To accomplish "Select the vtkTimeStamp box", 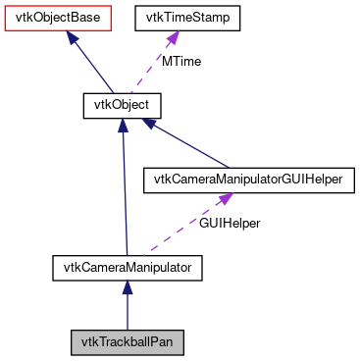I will (x=180, y=17).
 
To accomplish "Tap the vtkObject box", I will (x=121, y=102).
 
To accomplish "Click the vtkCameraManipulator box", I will (x=127, y=265).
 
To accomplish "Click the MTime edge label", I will (x=181, y=61).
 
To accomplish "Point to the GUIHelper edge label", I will (x=230, y=224).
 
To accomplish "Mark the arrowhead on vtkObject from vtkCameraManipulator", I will (x=122, y=124).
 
